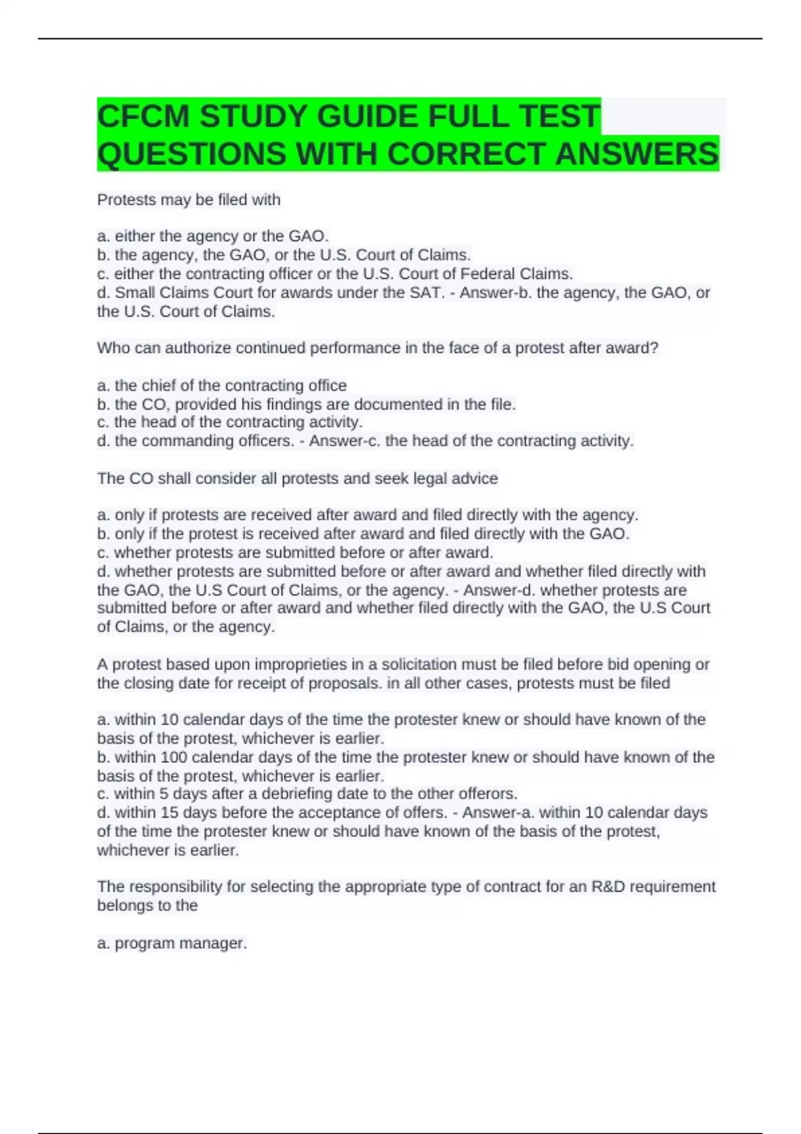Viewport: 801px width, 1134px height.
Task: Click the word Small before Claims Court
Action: click(x=133, y=293)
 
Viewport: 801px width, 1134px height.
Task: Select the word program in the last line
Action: click(x=142, y=943)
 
